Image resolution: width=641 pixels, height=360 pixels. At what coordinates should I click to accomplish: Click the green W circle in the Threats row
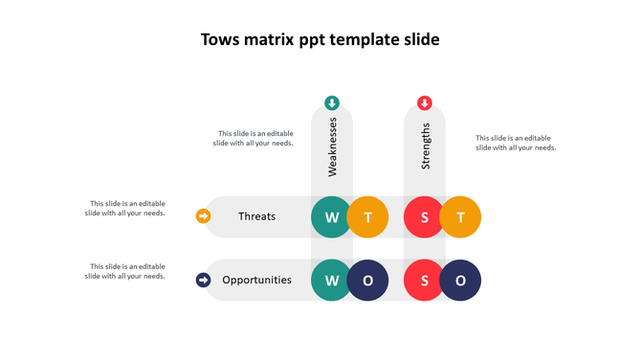[x=332, y=217]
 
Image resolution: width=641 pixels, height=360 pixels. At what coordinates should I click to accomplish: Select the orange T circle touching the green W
[x=367, y=217]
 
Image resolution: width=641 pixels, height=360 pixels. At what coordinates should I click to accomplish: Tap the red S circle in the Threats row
[x=425, y=217]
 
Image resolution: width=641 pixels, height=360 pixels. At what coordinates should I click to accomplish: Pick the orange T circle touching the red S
[x=460, y=217]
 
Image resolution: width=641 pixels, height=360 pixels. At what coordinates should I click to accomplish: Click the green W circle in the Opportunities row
[x=332, y=281]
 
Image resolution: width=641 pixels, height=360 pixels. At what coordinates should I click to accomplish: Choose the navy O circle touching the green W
[x=367, y=281]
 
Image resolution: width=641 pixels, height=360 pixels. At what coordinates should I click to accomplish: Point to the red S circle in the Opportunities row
[x=425, y=281]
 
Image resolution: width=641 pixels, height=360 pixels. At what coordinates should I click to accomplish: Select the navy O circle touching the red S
[x=460, y=281]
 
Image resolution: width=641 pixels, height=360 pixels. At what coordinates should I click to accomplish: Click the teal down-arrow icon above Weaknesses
[x=332, y=103]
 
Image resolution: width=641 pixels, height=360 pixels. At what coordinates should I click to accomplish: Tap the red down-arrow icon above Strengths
[x=425, y=103]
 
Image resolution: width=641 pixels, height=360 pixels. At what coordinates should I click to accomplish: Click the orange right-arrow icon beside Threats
[x=203, y=216]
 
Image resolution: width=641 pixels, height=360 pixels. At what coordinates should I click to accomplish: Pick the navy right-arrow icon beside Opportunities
[x=203, y=281]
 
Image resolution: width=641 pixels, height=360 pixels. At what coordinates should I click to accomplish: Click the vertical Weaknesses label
[x=333, y=147]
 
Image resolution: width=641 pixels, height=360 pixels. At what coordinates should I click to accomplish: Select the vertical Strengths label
[x=426, y=146]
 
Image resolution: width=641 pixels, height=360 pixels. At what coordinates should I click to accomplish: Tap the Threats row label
[x=256, y=216]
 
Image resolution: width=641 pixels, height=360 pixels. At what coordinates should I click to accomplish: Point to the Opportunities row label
[x=256, y=281]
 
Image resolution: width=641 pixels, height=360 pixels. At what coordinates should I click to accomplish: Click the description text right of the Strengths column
[x=516, y=143]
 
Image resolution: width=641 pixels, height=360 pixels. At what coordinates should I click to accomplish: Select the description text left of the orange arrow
[x=126, y=208]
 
